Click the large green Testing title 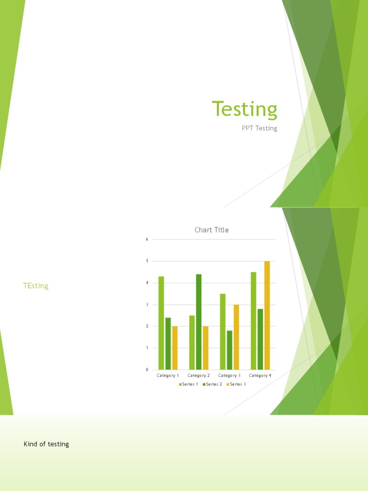pos(244,109)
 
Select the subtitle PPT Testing pos(259,129)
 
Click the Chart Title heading pos(211,230)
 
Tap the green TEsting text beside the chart pos(36,286)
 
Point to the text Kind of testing pos(46,444)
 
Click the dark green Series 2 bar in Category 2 pos(198,322)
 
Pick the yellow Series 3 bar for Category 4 pos(267,315)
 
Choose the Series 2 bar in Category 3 pos(230,350)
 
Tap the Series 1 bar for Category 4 pos(253,321)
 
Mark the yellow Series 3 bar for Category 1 pos(175,348)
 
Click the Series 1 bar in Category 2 pos(192,342)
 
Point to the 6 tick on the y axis pos(147,239)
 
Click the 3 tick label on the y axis pos(147,304)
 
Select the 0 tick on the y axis pos(147,370)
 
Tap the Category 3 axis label pos(230,375)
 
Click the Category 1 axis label pos(168,375)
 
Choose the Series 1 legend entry pos(189,385)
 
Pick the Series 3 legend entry pos(236,385)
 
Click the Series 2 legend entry pos(213,385)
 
